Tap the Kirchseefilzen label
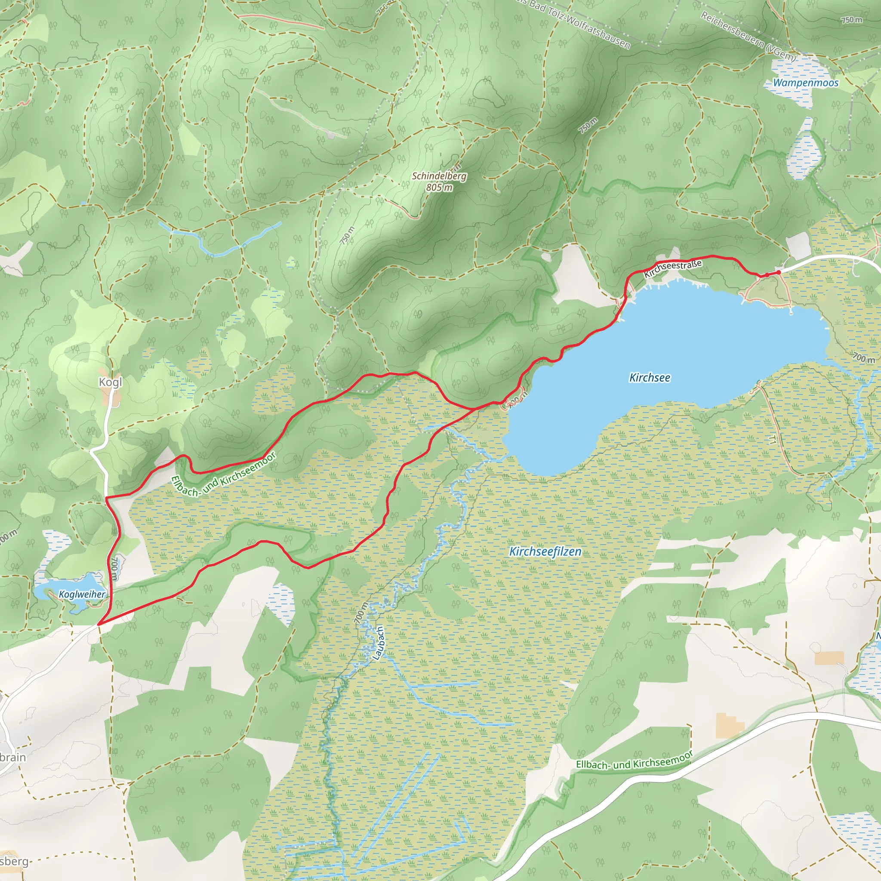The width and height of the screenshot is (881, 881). click(545, 551)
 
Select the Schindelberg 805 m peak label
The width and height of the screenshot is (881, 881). click(439, 182)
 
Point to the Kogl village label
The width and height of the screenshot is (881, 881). click(111, 382)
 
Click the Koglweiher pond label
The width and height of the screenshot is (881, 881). click(82, 594)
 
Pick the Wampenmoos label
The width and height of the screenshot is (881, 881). click(805, 83)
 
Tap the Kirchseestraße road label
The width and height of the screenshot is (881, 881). click(672, 268)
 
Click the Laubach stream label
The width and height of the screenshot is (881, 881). click(379, 643)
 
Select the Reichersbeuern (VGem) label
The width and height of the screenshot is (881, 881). click(748, 37)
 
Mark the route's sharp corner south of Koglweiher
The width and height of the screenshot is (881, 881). click(99, 623)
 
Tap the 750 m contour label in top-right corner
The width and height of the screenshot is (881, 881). click(851, 20)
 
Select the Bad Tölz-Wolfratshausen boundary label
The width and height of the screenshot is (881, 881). click(575, 23)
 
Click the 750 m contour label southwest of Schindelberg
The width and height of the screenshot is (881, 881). click(347, 235)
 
